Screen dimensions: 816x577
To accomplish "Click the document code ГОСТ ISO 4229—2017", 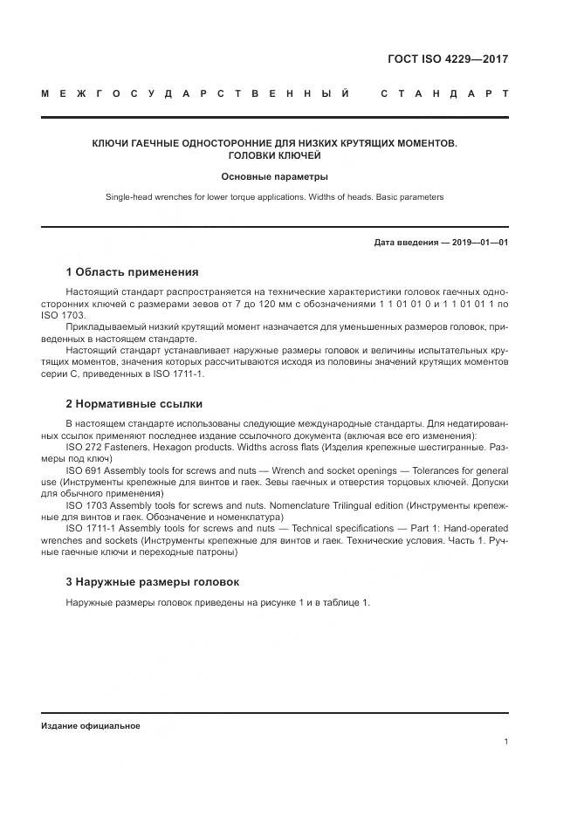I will [x=447, y=60].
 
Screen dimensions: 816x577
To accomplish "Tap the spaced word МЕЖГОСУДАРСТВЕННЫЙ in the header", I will [x=196, y=93].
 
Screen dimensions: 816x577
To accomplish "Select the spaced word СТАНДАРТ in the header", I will [x=444, y=93].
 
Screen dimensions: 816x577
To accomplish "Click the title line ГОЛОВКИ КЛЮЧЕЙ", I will [x=274, y=155].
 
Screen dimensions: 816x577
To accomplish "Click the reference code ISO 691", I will [x=86, y=470].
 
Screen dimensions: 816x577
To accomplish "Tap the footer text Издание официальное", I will [x=90, y=725].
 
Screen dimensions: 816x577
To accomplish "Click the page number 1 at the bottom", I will [x=505, y=742].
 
